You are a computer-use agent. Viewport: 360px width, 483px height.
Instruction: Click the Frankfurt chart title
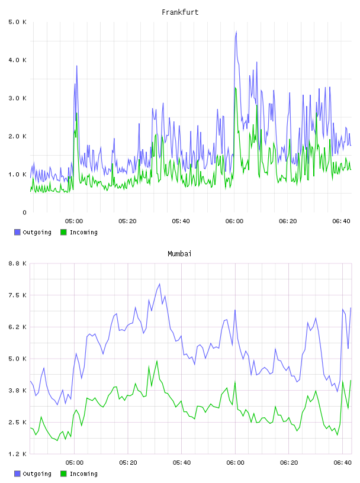(180, 12)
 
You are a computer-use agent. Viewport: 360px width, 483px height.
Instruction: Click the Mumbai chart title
(179, 254)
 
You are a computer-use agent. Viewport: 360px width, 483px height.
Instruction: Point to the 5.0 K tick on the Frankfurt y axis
(17, 22)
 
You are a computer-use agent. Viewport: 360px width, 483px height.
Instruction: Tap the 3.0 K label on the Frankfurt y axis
(17, 98)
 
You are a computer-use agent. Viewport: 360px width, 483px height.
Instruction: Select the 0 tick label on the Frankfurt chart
(24, 212)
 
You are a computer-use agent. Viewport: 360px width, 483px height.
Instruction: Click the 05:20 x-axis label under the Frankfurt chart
(127, 221)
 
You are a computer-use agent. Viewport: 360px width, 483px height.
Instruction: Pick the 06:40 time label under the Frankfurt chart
(341, 221)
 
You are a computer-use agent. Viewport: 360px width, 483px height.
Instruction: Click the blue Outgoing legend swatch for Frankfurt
(17, 232)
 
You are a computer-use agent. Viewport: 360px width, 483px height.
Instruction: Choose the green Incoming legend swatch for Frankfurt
(63, 232)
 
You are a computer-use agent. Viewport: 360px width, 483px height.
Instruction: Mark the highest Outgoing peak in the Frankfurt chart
(236, 31)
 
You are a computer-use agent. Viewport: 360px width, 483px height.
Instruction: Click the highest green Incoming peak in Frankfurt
(235, 88)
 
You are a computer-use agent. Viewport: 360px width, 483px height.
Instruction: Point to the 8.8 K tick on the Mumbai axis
(17, 263)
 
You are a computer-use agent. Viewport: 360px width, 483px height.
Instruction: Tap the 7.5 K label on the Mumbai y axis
(17, 295)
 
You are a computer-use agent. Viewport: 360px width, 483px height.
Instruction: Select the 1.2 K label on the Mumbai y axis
(17, 454)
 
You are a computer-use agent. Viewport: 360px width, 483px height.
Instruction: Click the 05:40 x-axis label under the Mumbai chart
(182, 463)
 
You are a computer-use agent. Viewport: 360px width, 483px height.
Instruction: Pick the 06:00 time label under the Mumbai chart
(235, 463)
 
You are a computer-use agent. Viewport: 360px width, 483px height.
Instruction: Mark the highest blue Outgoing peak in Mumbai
(159, 284)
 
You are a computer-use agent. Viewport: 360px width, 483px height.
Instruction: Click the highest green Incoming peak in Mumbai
(157, 360)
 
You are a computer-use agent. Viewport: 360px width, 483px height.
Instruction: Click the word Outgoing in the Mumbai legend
(37, 474)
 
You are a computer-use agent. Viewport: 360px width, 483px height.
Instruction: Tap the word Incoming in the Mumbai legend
(83, 474)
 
